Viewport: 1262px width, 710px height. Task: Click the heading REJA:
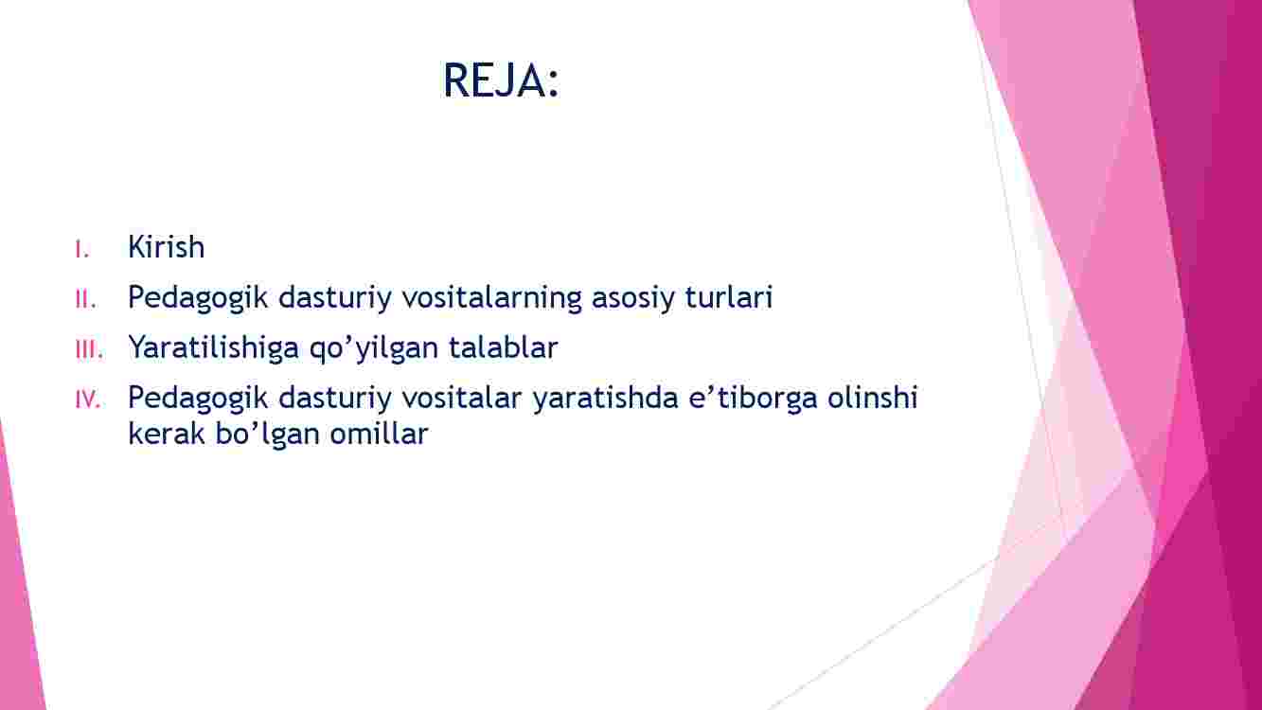coord(501,80)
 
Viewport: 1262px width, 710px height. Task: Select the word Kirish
coord(167,247)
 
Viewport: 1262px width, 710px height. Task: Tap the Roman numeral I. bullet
coord(82,249)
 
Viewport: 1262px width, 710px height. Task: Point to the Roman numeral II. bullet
coord(85,299)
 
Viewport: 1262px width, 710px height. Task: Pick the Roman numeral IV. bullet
coord(88,399)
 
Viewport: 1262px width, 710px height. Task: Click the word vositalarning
coord(491,298)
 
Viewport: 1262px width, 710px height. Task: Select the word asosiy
coord(632,298)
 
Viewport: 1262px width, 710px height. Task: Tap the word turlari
coord(728,297)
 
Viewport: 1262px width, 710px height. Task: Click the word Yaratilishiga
coord(214,348)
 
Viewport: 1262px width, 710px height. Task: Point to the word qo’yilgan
coord(374,348)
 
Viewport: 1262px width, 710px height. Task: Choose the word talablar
coord(503,347)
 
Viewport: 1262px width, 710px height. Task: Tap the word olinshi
coord(873,398)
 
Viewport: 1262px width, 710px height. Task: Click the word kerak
coord(167,434)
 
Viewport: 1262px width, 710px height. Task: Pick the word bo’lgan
coord(268,435)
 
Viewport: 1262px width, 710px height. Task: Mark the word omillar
coord(379,434)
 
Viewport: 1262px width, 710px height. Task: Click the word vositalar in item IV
coord(461,398)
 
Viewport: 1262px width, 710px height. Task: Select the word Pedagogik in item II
coord(198,298)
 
